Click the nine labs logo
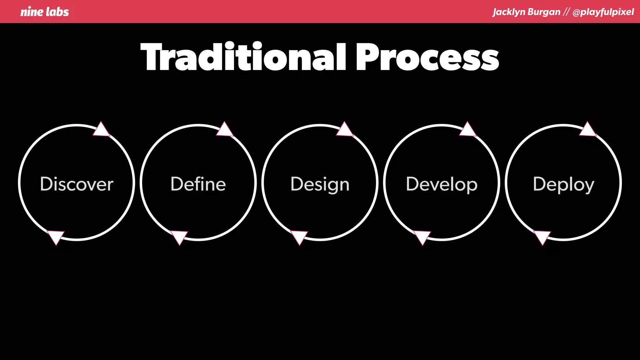44,12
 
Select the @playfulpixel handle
603,12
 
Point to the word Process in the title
427,57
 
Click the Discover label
77,184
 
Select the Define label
198,184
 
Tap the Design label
320,184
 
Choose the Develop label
442,184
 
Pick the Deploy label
563,184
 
